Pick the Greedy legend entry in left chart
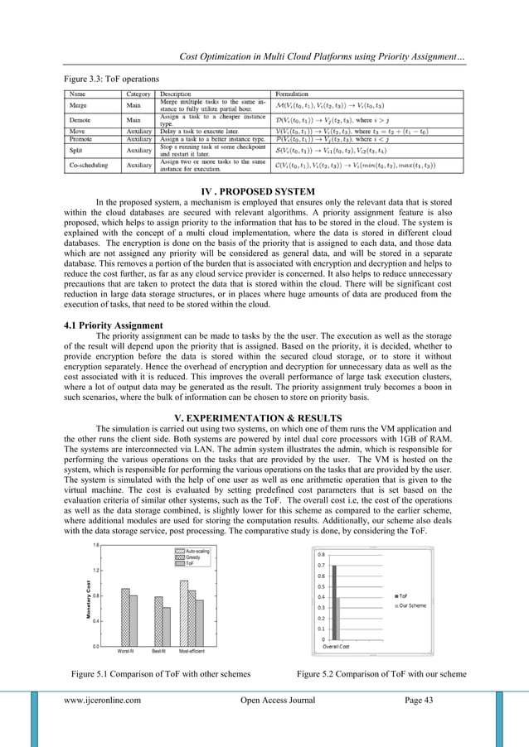(x=193, y=557)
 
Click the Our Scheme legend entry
(x=412, y=605)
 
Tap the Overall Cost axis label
(x=336, y=645)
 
